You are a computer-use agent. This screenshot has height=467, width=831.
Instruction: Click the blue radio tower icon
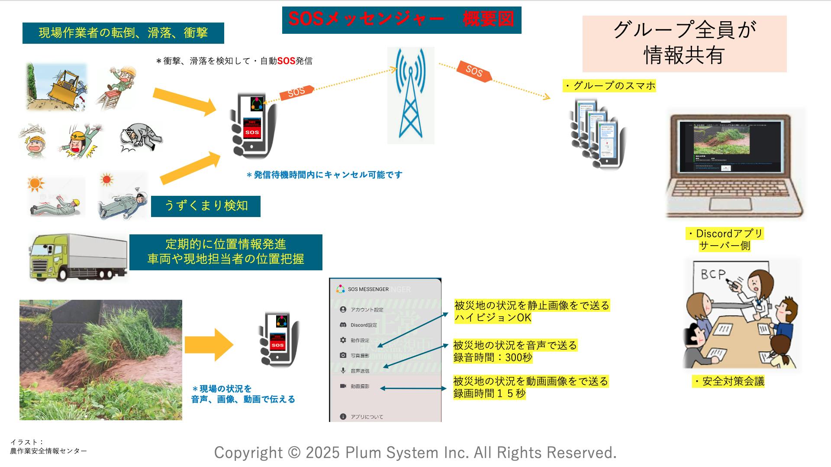click(410, 95)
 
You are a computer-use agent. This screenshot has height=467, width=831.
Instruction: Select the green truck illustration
click(78, 257)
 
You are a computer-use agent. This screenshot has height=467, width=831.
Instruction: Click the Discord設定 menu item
click(364, 325)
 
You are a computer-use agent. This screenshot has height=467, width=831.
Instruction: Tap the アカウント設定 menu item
click(367, 310)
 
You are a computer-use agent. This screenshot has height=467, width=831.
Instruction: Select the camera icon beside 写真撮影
click(343, 355)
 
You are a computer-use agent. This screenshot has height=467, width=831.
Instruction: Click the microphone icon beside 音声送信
click(343, 370)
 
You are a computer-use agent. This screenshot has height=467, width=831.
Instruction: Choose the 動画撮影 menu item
click(360, 386)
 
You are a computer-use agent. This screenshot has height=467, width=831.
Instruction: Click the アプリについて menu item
click(367, 417)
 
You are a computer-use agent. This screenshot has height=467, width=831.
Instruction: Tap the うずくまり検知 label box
click(206, 206)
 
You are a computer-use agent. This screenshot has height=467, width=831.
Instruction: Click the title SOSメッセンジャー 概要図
click(401, 19)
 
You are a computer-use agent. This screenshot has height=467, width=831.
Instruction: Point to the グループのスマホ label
click(609, 86)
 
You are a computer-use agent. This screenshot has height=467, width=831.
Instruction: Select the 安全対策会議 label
click(728, 381)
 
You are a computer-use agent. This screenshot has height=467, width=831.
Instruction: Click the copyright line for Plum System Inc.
click(415, 452)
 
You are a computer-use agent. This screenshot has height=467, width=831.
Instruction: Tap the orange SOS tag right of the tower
click(474, 71)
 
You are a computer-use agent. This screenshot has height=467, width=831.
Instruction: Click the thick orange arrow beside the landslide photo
click(209, 345)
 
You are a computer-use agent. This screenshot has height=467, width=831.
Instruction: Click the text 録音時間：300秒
click(493, 357)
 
